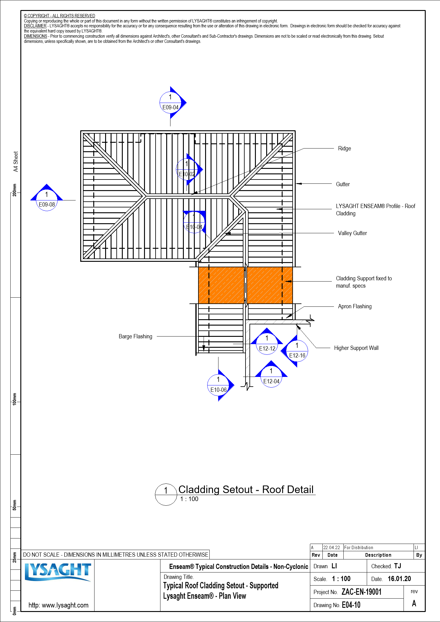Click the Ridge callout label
point(344,149)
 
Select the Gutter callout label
point(343,184)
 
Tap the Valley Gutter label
point(352,233)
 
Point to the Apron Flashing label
point(355,306)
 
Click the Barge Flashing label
point(136,337)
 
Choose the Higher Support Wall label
point(356,348)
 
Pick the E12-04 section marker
point(271,377)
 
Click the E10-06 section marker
point(218,385)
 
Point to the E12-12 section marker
point(267,343)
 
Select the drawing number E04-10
point(351,605)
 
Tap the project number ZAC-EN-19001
point(361,592)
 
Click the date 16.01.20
point(399,579)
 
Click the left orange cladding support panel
point(221,285)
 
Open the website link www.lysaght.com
point(58,605)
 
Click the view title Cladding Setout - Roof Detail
point(246,490)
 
